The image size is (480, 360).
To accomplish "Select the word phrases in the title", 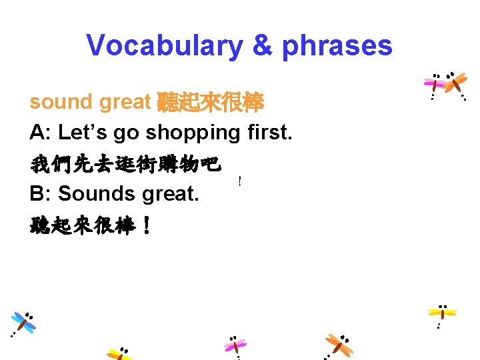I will pos(337,45).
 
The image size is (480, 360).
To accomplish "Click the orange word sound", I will pos(61,102).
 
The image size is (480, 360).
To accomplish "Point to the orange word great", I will pos(125,102).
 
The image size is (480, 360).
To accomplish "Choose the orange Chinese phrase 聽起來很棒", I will pos(210,102).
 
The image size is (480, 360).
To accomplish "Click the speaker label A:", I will pos(41,133).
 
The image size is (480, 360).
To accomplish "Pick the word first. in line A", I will pos(268,133).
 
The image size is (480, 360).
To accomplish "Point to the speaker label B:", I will pos(41,193).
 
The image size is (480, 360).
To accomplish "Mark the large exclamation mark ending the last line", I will pos(146,225).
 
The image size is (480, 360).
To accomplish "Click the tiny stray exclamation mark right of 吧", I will pos(239,181).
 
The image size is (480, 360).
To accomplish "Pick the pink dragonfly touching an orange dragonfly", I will pos(435,84).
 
